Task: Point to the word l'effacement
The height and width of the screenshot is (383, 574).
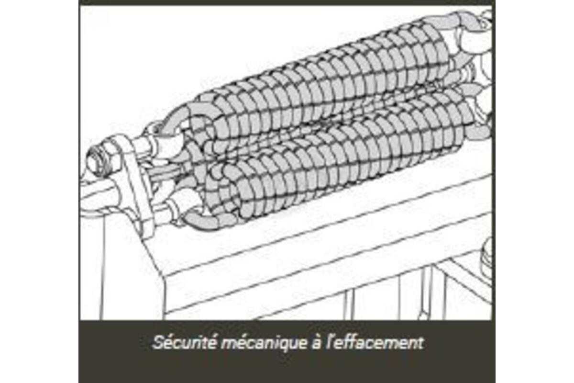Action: click(x=375, y=342)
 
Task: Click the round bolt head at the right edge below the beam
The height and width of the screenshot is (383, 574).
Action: click(x=487, y=259)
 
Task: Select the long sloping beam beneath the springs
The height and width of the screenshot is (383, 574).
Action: click(x=320, y=244)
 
